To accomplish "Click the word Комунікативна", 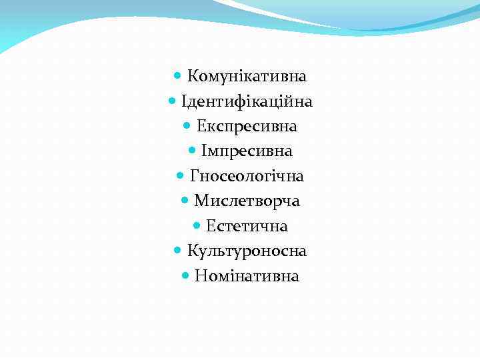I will [x=247, y=76].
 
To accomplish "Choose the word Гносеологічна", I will [x=247, y=177].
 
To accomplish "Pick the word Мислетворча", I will [x=247, y=201].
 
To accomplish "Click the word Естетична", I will [x=247, y=227].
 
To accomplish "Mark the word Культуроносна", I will [x=247, y=251].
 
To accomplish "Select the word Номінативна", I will [x=247, y=276].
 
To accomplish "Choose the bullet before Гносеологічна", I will [x=181, y=177].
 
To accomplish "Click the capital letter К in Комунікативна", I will [x=192, y=76].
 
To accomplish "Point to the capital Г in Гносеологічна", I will [x=195, y=177].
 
